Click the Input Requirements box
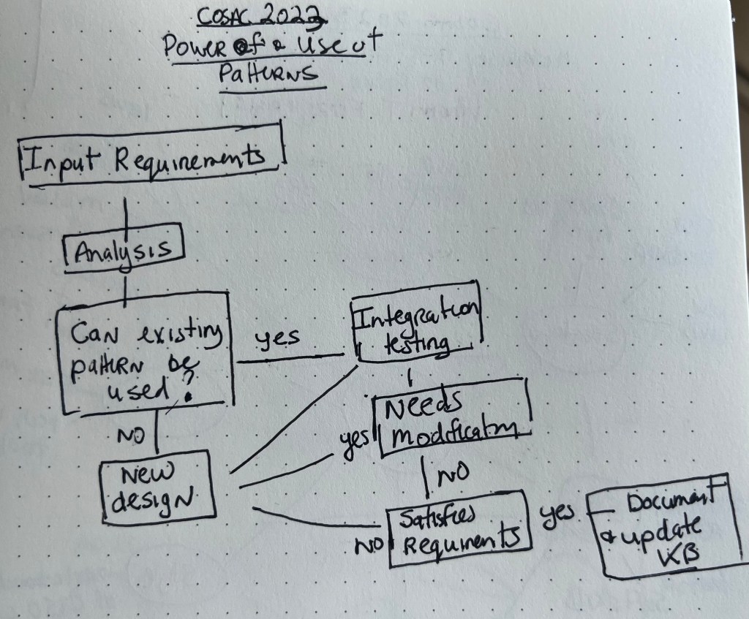(x=149, y=156)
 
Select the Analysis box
(x=124, y=250)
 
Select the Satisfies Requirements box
(x=456, y=528)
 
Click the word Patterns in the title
(x=269, y=75)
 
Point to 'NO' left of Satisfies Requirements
(x=372, y=544)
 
